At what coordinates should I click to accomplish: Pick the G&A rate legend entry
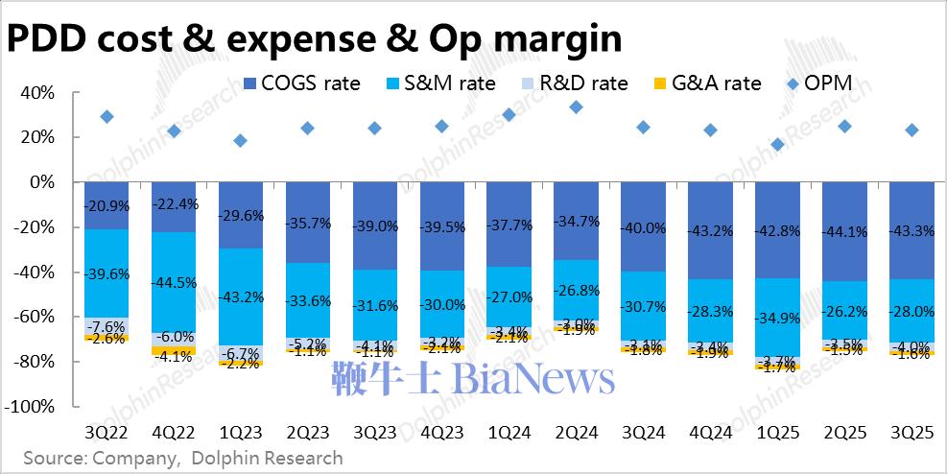coord(706,83)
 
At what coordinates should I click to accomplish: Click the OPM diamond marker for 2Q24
coord(576,107)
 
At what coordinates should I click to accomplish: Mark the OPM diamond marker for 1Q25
coord(777,145)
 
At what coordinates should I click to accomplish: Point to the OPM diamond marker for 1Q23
coord(241,141)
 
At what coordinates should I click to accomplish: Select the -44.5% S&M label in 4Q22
coord(174,283)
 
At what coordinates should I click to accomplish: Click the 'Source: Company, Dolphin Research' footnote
coord(182,458)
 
